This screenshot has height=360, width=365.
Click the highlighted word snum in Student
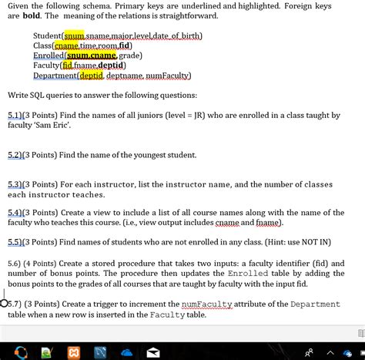pos(74,35)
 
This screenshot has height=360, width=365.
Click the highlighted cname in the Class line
pos(67,45)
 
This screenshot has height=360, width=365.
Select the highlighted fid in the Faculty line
pos(79,66)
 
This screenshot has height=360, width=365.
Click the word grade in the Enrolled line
pos(130,56)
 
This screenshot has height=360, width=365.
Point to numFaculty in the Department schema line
pos(168,76)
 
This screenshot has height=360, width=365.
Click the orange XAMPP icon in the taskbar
pos(73,351)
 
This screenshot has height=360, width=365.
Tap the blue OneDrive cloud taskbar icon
pos(126,351)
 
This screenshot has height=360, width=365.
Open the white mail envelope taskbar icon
pos(152,351)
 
